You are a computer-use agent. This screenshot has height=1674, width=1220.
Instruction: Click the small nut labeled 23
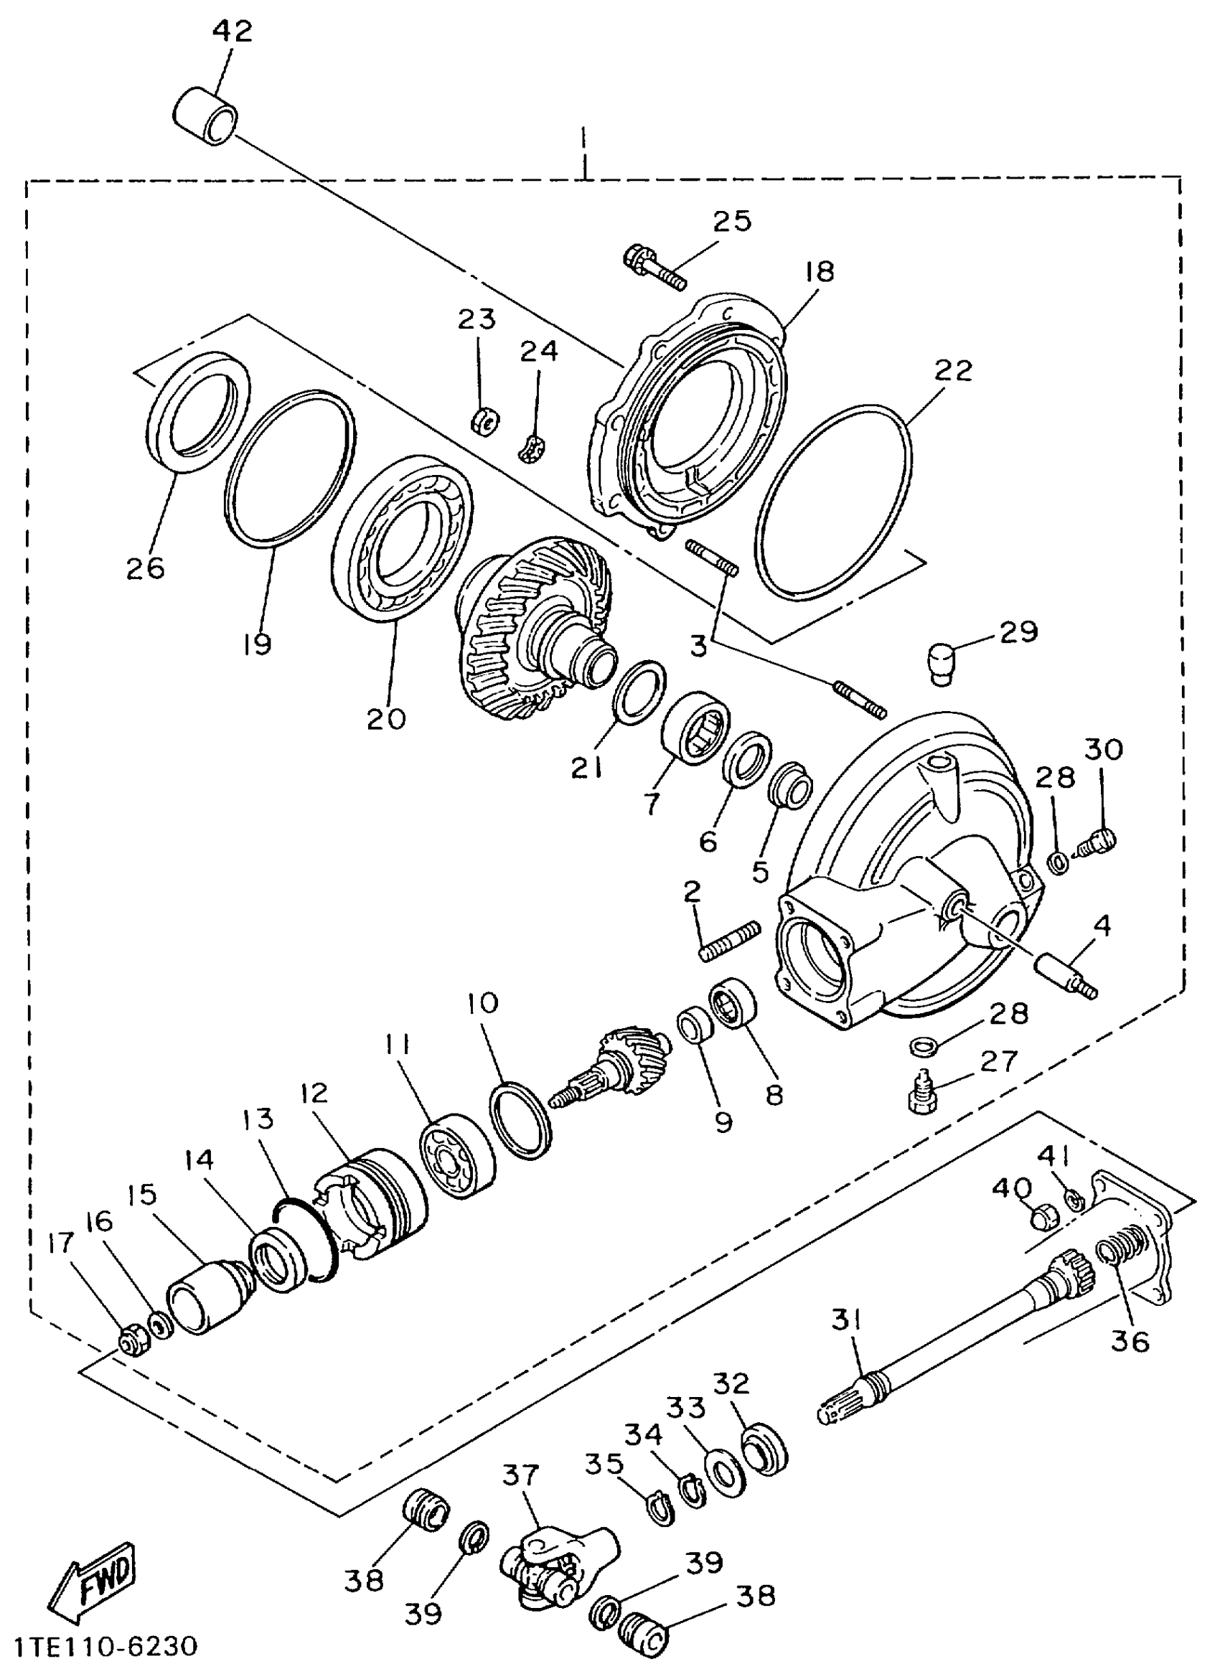coord(485,423)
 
